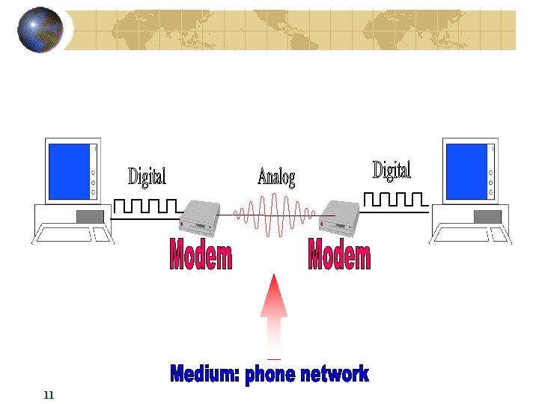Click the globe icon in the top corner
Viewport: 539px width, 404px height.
click(40, 29)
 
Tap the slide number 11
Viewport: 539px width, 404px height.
click(49, 395)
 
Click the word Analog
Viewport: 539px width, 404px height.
click(276, 177)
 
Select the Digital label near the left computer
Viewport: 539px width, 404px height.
click(147, 177)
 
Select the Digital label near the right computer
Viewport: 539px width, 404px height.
click(392, 171)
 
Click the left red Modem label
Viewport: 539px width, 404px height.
click(201, 255)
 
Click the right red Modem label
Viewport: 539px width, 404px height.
click(339, 255)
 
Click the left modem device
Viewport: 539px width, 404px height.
click(200, 218)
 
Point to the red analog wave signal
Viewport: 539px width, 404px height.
click(274, 214)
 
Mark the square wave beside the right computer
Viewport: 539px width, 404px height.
click(395, 199)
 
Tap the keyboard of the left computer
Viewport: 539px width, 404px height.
click(73, 235)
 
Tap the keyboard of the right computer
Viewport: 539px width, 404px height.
click(470, 235)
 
